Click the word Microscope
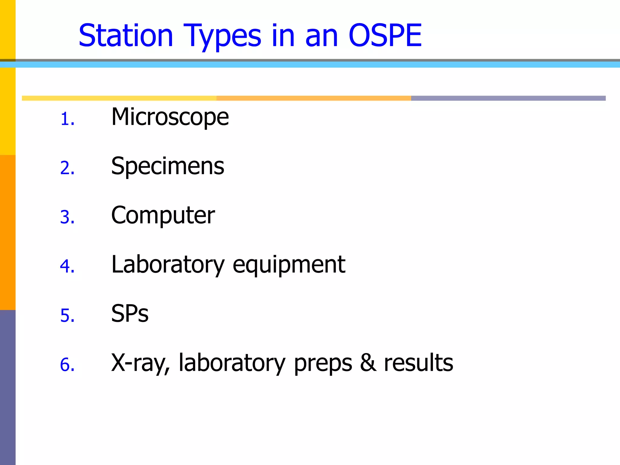(x=170, y=117)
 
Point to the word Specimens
(x=167, y=166)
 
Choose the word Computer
(x=163, y=215)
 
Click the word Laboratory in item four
(x=168, y=265)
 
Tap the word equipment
(x=289, y=265)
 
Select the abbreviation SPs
(x=130, y=314)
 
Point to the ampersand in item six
(x=368, y=363)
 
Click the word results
(x=418, y=363)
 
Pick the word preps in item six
(x=323, y=363)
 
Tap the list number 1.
(x=67, y=119)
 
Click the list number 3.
(x=67, y=217)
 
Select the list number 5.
(x=67, y=315)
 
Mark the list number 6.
(x=67, y=364)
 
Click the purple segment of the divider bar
(x=508, y=98)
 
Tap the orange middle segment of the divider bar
(x=314, y=98)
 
